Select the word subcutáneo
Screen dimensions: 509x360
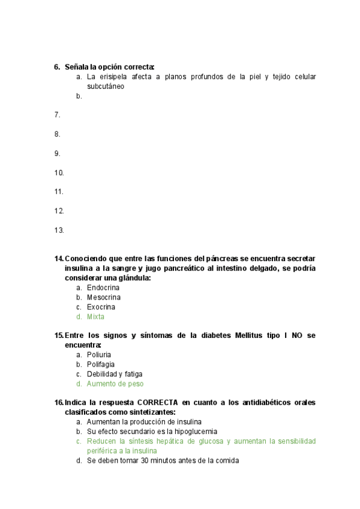coord(106,86)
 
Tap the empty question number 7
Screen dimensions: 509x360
coord(57,115)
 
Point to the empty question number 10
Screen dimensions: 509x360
coord(59,173)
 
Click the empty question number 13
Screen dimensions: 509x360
coord(59,230)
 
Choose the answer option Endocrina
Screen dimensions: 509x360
coord(103,288)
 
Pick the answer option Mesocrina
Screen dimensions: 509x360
coord(103,297)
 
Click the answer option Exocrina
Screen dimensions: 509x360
coord(101,307)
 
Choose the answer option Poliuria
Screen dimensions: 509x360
coord(99,355)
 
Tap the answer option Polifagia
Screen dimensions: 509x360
coord(100,364)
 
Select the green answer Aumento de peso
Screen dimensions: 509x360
coord(115,384)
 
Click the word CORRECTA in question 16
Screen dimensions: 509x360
coord(157,403)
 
